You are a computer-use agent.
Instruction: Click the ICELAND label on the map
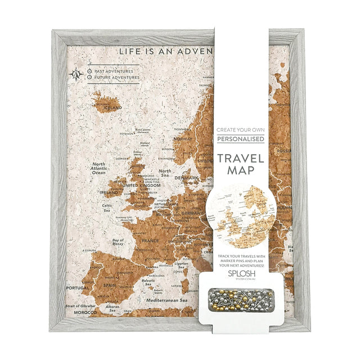pyautogui.click(x=112, y=107)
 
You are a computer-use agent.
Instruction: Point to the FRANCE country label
pyautogui.click(x=150, y=240)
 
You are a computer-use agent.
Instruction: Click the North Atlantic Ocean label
pyautogui.click(x=98, y=169)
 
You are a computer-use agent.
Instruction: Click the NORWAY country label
pyautogui.click(x=183, y=138)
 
